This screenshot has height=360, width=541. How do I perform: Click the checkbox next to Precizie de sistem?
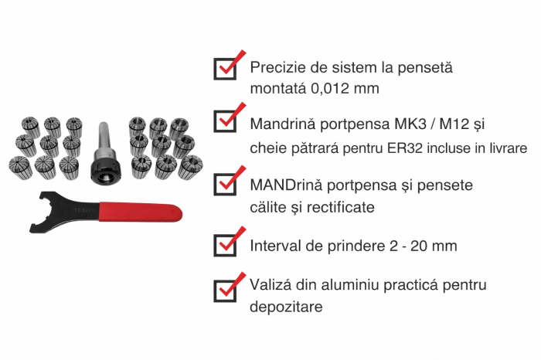224,69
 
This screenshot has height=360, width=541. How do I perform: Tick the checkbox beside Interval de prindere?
224,244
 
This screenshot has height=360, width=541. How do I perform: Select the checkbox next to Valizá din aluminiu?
224,288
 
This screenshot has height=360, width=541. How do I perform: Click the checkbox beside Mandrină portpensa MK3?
224,121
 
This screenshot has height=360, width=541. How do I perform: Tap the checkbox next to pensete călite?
224,182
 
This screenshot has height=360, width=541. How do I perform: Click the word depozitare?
285,307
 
